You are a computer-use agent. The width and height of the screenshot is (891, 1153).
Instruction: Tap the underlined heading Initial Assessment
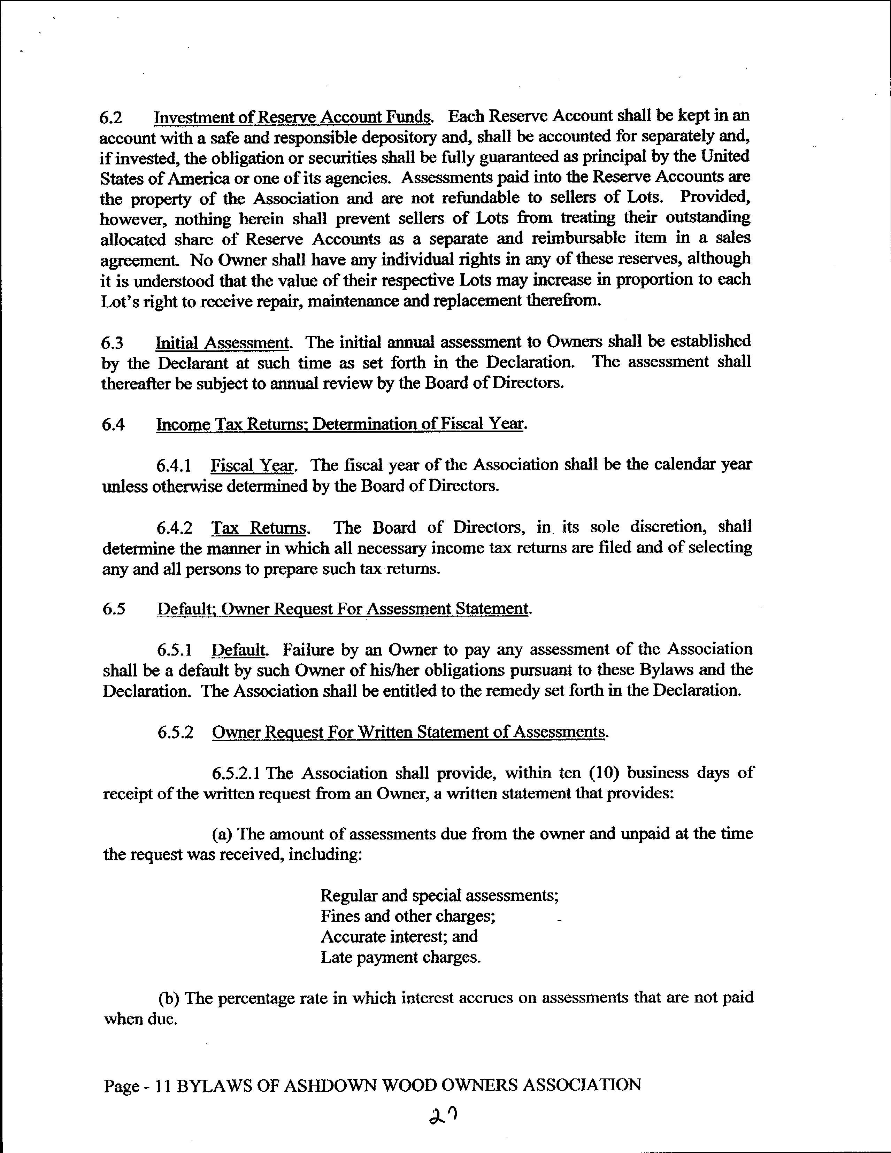pos(222,343)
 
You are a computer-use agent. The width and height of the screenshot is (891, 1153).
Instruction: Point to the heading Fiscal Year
pos(252,466)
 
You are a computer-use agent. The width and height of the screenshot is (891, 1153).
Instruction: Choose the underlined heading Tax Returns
pos(259,528)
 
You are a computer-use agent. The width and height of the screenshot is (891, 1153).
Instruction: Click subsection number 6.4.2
pos(174,528)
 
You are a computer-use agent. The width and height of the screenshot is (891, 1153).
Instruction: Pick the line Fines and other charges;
pos(408,916)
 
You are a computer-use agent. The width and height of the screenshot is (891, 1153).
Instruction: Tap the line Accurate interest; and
pos(399,937)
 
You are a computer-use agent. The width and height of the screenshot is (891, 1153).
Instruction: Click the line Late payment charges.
pos(400,957)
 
